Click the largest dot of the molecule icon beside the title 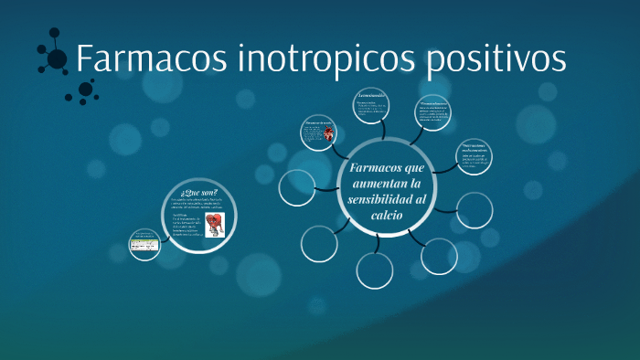click(57, 59)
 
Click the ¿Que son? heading click(198, 193)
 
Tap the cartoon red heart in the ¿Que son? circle click(215, 224)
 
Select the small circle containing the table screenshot click(144, 244)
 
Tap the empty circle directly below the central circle click(375, 270)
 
